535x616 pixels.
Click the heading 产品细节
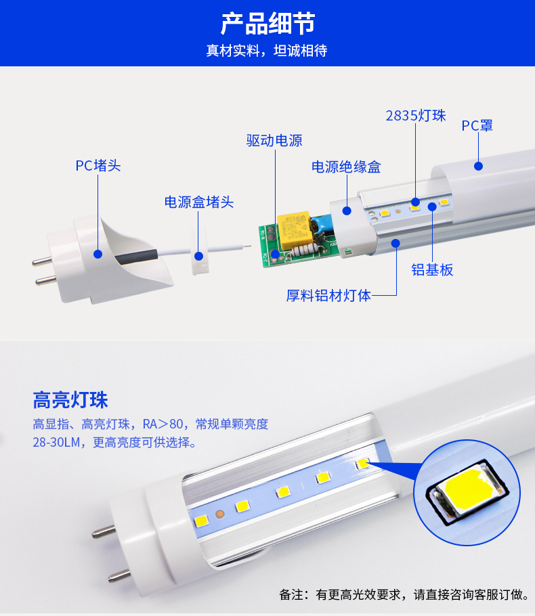pyautogui.click(x=267, y=24)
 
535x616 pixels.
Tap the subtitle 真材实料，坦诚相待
pyautogui.click(x=267, y=51)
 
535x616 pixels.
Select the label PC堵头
pyautogui.click(x=98, y=165)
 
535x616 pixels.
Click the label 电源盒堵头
pyautogui.click(x=199, y=202)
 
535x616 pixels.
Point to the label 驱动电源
pyautogui.click(x=274, y=140)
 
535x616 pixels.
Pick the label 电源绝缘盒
pyautogui.click(x=346, y=167)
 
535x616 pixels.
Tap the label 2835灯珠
pyautogui.click(x=416, y=116)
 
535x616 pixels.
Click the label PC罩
pyautogui.click(x=477, y=126)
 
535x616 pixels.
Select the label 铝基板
pyautogui.click(x=432, y=270)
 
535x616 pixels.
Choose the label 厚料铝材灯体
pyautogui.click(x=328, y=295)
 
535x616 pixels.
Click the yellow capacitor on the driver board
pyautogui.click(x=294, y=230)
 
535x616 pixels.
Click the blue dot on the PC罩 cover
pyautogui.click(x=478, y=166)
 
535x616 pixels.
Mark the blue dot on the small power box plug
pyautogui.click(x=199, y=256)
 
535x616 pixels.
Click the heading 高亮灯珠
pyautogui.click(x=70, y=400)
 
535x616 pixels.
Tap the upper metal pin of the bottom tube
pyautogui.click(x=104, y=532)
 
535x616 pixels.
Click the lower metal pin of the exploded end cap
pyautogui.click(x=45, y=280)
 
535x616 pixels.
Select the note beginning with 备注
pyautogui.click(x=404, y=594)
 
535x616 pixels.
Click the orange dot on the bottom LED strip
pyautogui.click(x=219, y=514)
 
